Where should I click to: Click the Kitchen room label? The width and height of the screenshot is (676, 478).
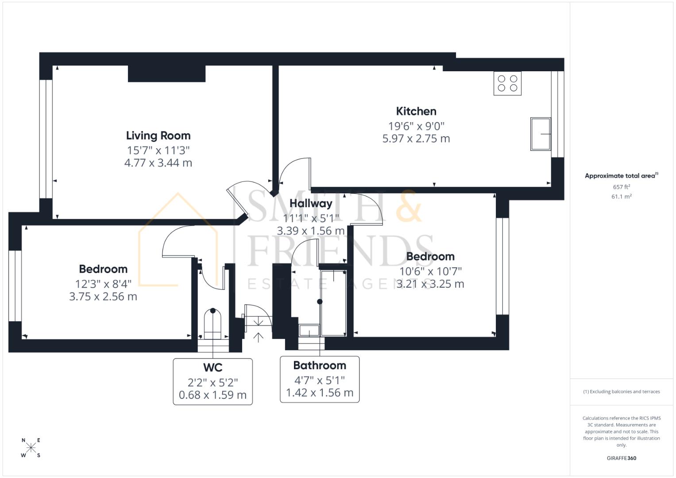416,111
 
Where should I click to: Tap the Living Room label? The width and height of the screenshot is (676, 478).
158,135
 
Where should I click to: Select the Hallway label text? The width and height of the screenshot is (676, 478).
311,203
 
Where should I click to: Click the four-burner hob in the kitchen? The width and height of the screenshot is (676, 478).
507,83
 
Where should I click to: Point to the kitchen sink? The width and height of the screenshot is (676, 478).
541,134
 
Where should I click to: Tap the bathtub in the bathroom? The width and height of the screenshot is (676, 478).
333,302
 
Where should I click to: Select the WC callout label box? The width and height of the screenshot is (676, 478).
212,382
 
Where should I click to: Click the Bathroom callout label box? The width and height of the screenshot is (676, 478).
320,379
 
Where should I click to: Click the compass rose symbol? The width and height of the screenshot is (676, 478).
31,447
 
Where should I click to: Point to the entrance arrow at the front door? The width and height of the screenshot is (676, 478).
258,337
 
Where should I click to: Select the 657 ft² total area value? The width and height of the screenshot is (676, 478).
621,187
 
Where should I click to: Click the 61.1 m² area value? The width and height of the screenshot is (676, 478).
621,197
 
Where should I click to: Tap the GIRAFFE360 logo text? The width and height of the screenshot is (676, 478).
621,458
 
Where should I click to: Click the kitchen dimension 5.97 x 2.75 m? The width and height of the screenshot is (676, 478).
416,139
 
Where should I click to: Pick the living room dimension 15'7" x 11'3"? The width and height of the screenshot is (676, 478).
158,150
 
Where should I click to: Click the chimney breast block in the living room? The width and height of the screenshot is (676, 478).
166,74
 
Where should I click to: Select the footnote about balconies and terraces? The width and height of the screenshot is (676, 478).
621,392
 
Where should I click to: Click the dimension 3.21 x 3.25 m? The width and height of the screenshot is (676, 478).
430,284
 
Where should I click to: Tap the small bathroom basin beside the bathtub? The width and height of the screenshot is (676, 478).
309,330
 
